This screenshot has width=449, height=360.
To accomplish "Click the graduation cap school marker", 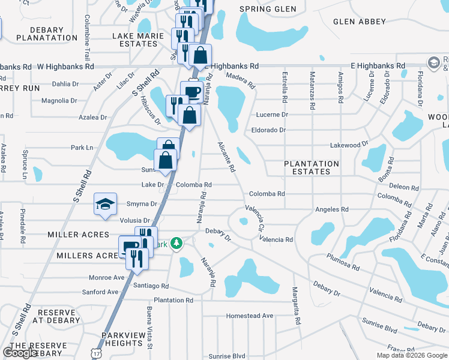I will (x=105, y=204).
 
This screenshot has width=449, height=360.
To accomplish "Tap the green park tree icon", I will (x=176, y=244).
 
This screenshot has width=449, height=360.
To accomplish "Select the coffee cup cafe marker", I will (x=191, y=92).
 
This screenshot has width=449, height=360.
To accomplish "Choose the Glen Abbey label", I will (x=360, y=22).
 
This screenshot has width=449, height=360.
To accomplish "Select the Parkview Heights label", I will (x=122, y=339).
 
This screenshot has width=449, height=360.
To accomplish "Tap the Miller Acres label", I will (x=83, y=235).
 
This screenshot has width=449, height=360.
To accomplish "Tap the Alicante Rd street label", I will (x=226, y=157).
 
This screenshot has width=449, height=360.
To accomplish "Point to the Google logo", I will (x=20, y=353).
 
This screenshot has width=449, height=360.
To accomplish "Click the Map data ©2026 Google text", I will (x=412, y=355).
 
